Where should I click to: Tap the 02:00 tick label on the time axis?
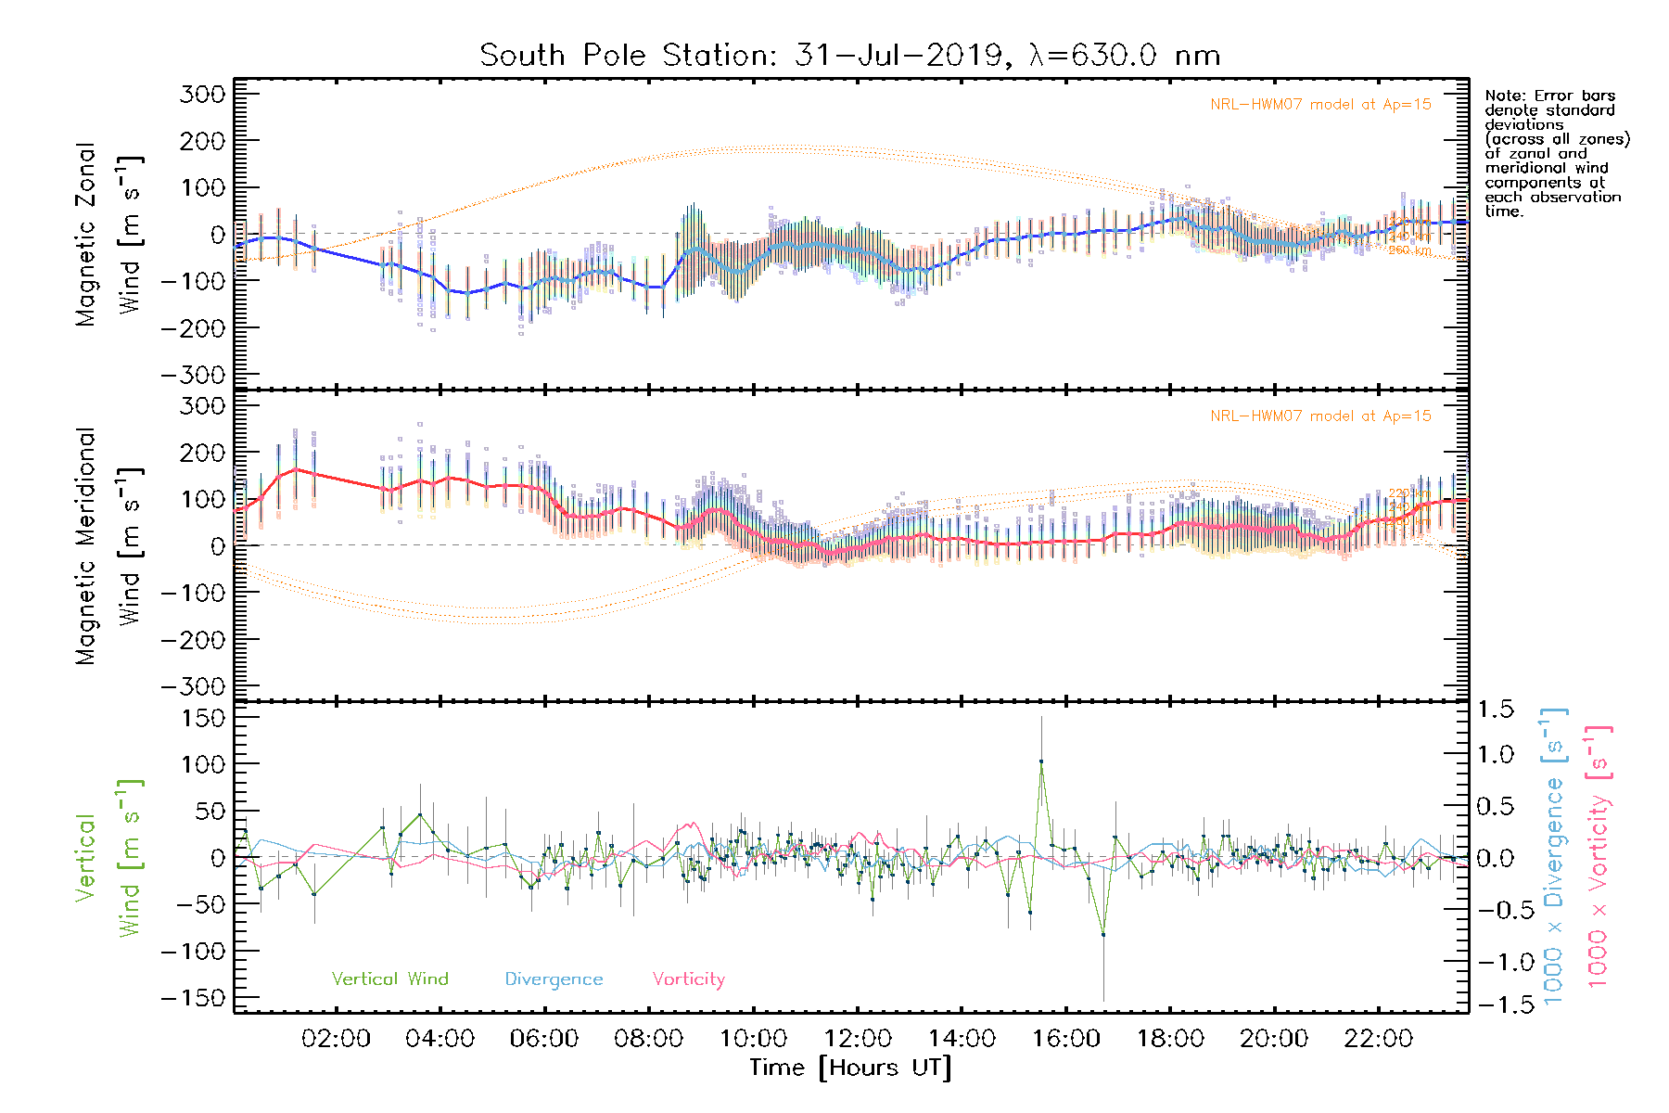[x=336, y=1039]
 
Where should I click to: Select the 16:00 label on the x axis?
[x=1066, y=1039]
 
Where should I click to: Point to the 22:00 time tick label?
[x=1379, y=1039]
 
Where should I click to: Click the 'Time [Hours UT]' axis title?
[x=850, y=1068]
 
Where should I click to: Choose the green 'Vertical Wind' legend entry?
[x=389, y=979]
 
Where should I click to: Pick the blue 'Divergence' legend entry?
[x=554, y=979]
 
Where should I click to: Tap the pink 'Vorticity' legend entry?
[x=688, y=979]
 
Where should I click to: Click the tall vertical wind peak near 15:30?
[x=1041, y=761]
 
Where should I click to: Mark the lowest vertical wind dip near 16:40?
[x=1103, y=934]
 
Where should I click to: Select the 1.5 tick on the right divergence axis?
[x=1496, y=710]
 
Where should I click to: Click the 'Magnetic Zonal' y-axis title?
[x=86, y=234]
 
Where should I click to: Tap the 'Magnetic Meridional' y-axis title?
[x=86, y=546]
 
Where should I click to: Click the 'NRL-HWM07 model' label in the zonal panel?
[x=1319, y=105]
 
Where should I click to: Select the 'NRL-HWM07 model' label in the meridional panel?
[x=1319, y=416]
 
